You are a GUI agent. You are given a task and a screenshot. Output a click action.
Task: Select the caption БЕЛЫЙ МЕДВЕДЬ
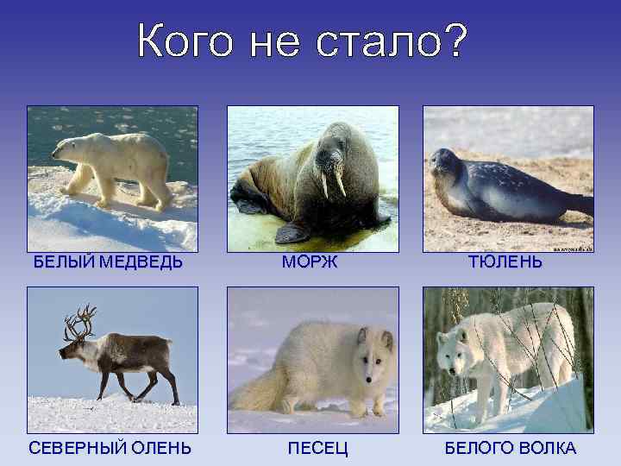click(x=108, y=262)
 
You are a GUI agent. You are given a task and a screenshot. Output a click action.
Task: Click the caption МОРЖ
click(x=310, y=262)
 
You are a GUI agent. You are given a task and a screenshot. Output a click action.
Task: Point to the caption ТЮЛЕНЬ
click(x=505, y=262)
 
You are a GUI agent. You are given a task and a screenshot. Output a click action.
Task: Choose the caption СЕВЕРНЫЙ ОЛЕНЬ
click(x=110, y=448)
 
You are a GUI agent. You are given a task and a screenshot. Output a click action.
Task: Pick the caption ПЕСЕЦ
click(x=311, y=448)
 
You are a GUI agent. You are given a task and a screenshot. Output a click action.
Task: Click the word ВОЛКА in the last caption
click(x=543, y=448)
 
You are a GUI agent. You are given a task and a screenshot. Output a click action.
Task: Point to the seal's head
click(x=446, y=163)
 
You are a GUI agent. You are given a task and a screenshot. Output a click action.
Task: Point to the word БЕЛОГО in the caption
click(x=475, y=448)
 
